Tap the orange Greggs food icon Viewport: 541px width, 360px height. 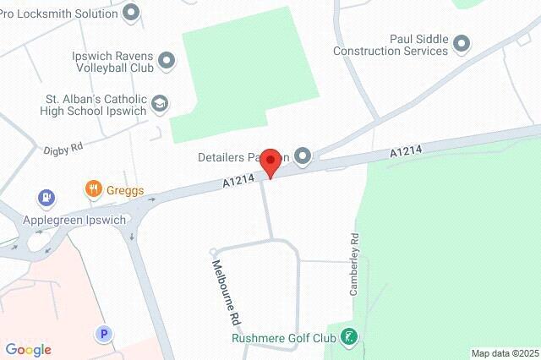(94, 190)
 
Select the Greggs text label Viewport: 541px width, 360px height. (125, 190)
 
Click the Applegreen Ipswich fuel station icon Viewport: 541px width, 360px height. (45, 199)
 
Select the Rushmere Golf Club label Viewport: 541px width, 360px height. (282, 339)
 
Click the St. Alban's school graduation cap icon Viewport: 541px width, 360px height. (159, 104)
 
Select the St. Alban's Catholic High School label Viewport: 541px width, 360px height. (94, 105)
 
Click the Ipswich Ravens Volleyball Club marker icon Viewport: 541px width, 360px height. (166, 59)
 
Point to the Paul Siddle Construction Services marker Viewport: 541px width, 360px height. (462, 43)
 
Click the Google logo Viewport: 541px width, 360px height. (28, 350)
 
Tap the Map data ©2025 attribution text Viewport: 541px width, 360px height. (504, 353)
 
